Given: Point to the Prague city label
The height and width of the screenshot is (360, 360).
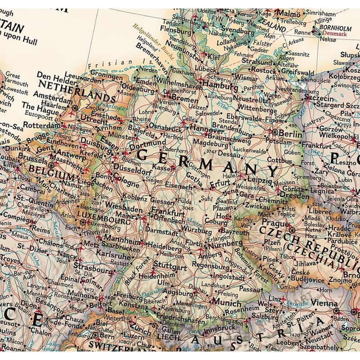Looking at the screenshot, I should tap(274, 224).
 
